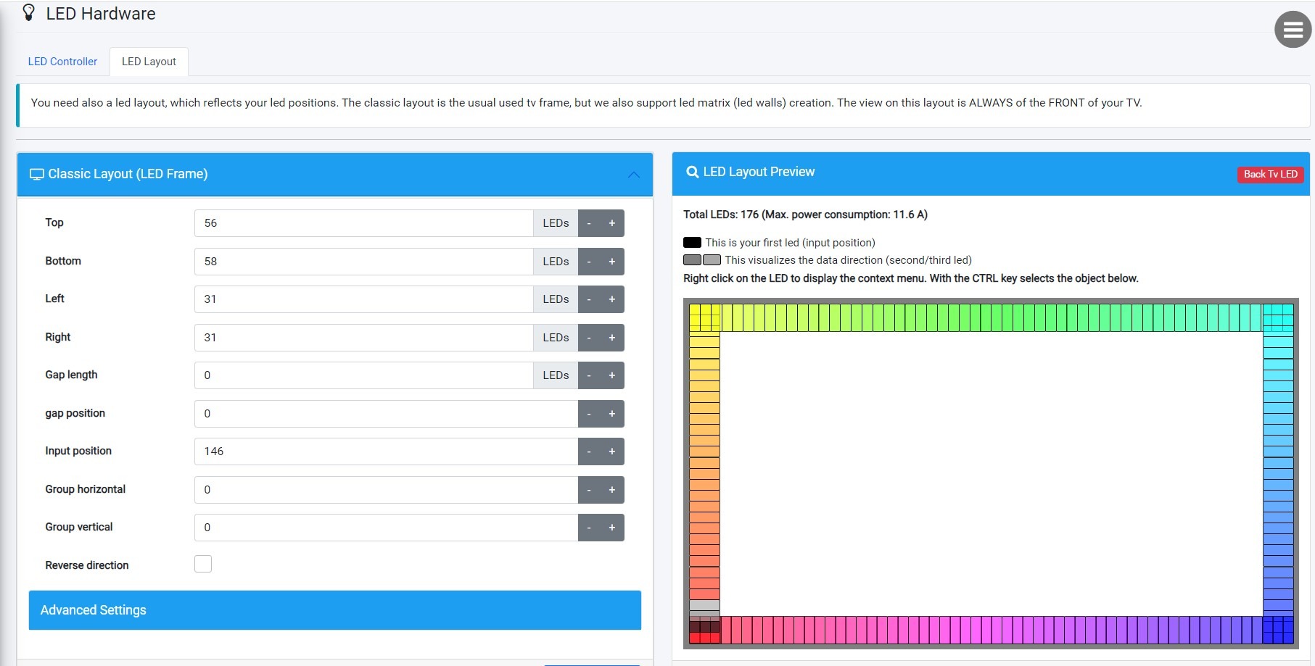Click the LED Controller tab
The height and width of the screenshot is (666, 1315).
click(x=62, y=62)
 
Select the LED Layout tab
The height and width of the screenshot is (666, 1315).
click(x=149, y=62)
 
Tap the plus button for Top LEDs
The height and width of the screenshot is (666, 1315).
click(x=612, y=223)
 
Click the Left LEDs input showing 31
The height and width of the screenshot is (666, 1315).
click(x=363, y=299)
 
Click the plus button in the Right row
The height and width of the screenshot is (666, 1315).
click(x=612, y=338)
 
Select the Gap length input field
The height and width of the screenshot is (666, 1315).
click(x=363, y=375)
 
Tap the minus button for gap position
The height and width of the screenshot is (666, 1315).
click(x=589, y=414)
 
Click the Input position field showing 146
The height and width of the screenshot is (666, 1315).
click(x=385, y=451)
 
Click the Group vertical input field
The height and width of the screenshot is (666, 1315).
click(x=385, y=528)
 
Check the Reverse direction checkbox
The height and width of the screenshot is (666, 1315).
click(x=203, y=564)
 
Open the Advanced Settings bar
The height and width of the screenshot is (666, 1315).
click(x=334, y=610)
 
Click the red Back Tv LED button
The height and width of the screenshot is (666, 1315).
click(x=1270, y=174)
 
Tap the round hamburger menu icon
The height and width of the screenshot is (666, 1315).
click(x=1293, y=30)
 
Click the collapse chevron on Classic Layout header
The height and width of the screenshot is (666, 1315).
click(x=633, y=175)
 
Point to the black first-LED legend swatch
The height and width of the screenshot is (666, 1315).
click(x=692, y=243)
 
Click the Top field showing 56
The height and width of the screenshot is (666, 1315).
click(x=363, y=223)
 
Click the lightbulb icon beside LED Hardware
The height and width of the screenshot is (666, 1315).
click(x=29, y=13)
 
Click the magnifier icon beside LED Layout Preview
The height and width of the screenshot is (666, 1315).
click(x=692, y=172)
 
